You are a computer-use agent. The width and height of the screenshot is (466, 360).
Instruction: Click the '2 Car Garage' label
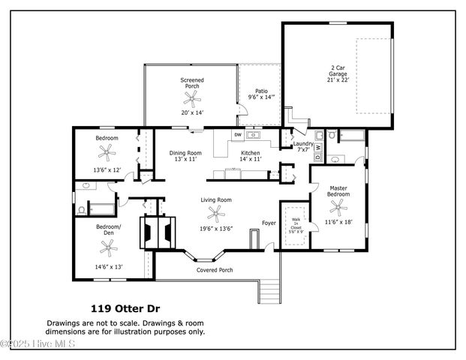click(337, 73)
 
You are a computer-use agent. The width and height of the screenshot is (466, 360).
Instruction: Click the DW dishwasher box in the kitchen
click(238, 135)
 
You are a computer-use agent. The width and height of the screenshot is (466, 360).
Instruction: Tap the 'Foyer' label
click(269, 223)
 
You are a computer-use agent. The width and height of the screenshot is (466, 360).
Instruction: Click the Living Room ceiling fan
click(216, 214)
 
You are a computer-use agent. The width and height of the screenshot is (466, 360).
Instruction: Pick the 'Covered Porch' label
click(215, 270)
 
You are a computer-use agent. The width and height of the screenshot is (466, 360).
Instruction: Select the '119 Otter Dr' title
click(125, 307)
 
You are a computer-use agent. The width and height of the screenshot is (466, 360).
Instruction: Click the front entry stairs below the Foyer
click(269, 288)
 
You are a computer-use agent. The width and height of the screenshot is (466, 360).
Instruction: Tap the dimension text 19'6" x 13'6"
click(216, 229)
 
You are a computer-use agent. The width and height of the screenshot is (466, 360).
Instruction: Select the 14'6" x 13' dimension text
click(108, 266)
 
